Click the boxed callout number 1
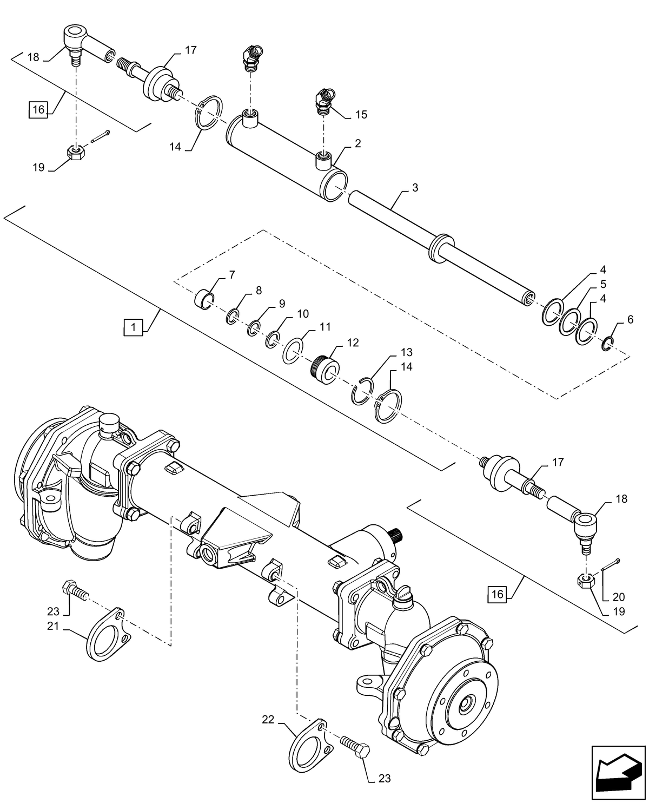tap(133, 327)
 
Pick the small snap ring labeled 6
tap(608, 344)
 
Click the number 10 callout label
tap(303, 314)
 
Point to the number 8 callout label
tap(259, 291)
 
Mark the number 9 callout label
tap(281, 304)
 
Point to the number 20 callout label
tap(618, 597)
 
